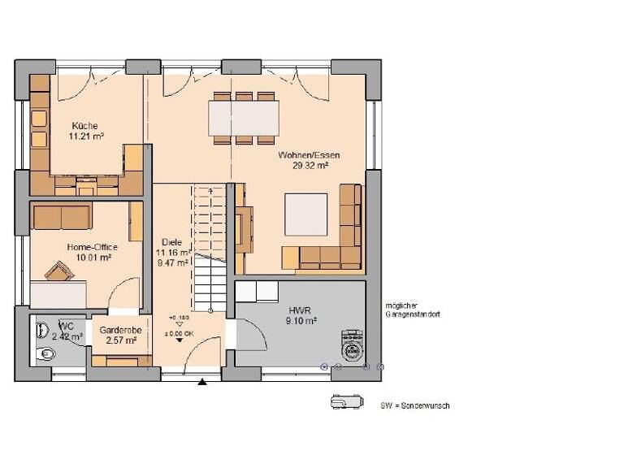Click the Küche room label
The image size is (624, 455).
tap(84, 126)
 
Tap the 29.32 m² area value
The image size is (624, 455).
tap(310, 165)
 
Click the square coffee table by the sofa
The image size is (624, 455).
tap(305, 214)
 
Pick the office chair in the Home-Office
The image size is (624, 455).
tap(57, 270)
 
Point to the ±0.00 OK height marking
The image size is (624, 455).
tap(179, 332)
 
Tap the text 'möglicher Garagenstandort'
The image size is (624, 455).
tap(413, 309)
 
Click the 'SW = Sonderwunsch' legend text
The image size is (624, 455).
tap(414, 405)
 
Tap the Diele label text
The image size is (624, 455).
tap(171, 242)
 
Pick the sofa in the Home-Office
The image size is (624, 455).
tap(61, 217)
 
